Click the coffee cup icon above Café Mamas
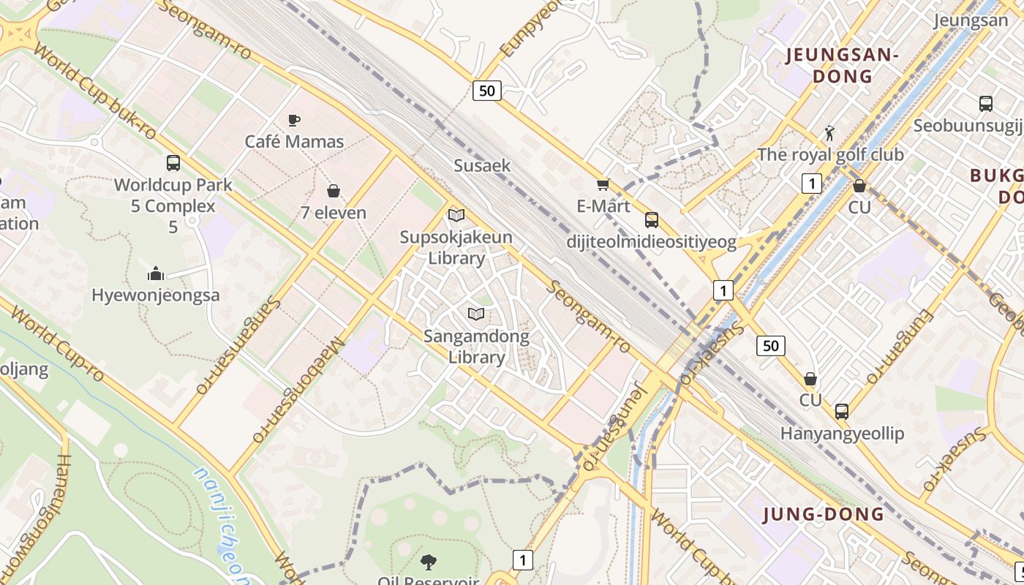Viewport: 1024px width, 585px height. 294,120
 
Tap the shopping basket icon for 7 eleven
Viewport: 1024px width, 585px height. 334,192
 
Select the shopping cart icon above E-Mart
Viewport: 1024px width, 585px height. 603,184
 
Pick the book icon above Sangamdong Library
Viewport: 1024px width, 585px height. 476,314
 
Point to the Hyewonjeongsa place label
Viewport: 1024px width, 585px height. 155,295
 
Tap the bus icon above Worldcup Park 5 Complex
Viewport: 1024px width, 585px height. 173,163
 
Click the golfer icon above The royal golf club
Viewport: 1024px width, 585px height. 829,133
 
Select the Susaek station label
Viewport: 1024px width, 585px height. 482,165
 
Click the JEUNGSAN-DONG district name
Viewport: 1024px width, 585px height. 841,65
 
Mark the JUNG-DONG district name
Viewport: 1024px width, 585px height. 824,514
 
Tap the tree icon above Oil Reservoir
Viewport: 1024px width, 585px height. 429,562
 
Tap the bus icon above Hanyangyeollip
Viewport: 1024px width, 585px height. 842,412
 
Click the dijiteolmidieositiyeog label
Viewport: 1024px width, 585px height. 652,242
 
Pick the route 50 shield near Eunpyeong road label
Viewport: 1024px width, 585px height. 486,91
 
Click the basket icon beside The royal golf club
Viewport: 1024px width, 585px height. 859,186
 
